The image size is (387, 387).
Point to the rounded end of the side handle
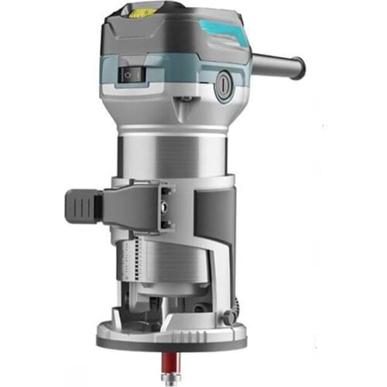click(296, 67)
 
